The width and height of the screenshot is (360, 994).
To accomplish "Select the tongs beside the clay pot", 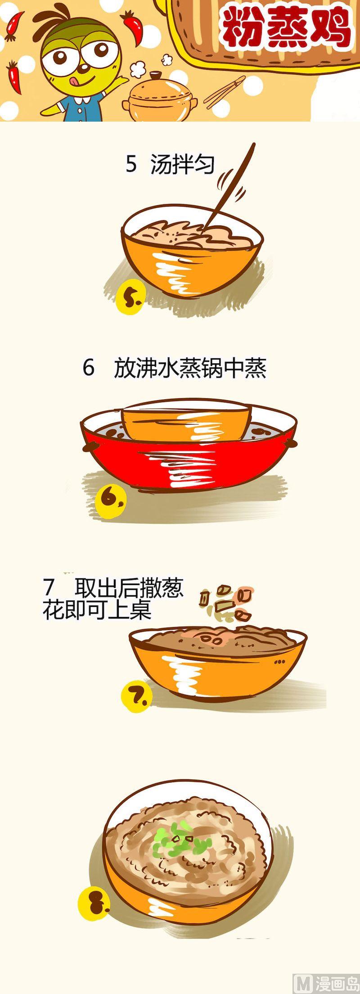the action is [x=225, y=92].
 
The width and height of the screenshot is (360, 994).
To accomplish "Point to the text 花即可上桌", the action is [x=97, y=610].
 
